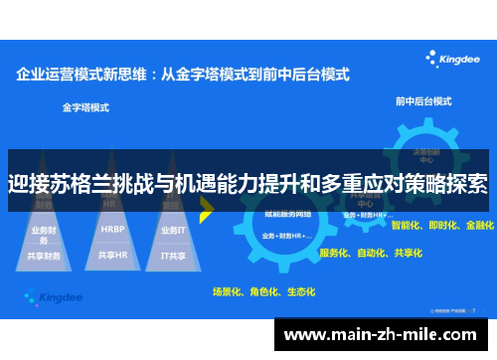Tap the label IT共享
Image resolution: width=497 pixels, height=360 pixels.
coord(173,256)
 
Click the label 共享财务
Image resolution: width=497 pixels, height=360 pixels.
coord(45,256)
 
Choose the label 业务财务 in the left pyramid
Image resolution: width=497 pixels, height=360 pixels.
coord(45,230)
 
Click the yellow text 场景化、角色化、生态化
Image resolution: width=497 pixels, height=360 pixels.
coord(263,291)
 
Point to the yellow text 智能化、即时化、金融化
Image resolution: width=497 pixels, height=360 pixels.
coord(442,226)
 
